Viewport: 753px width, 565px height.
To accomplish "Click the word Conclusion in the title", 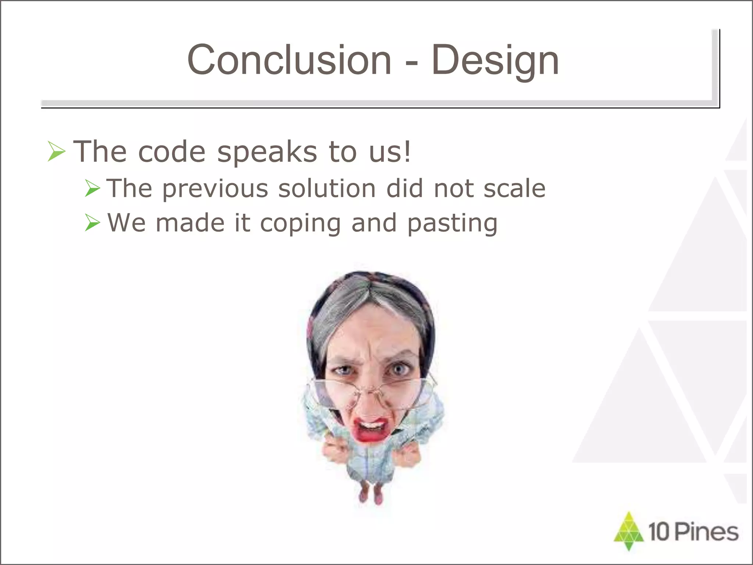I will point(289,60).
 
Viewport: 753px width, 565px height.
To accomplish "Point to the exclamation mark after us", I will point(407,151).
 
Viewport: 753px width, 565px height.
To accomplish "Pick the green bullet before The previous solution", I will point(92,188).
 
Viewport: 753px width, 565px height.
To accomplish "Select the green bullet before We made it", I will point(92,223).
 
